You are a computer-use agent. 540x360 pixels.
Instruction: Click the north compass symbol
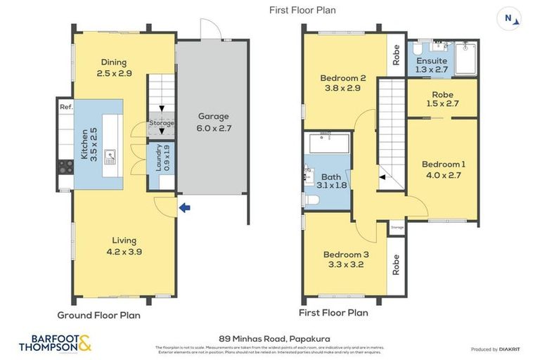[x=509, y=18]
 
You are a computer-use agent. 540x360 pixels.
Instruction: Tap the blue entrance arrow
[x=184, y=207]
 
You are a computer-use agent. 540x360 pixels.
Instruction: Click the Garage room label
[x=213, y=122]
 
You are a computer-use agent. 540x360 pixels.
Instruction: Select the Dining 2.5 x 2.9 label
[x=114, y=67]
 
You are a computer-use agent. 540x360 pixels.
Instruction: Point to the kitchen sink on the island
[x=110, y=156]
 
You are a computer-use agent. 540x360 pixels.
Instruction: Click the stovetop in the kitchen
[x=65, y=167]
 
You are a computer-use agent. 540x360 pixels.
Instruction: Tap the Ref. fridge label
[x=65, y=107]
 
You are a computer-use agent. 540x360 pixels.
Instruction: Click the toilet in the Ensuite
[x=418, y=52]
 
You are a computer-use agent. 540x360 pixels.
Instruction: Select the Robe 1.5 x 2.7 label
[x=442, y=99]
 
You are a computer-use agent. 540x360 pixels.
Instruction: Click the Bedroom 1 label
[x=443, y=169]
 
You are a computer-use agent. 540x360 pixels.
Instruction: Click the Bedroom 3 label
[x=345, y=259]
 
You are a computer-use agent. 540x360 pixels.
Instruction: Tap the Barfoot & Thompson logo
[x=55, y=343]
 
